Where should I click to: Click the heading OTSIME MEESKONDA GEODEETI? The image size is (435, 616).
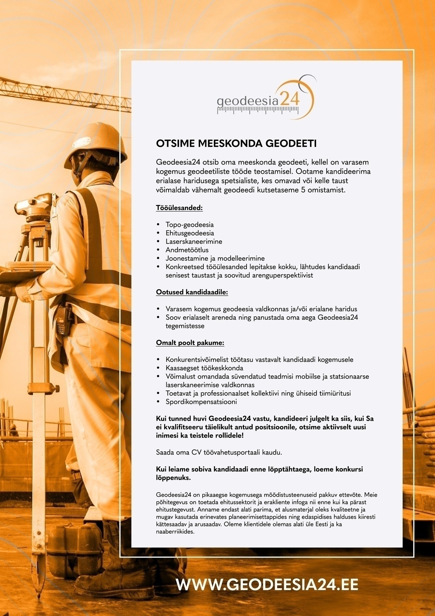point(236,144)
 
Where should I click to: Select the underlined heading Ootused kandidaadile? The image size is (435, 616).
point(192,292)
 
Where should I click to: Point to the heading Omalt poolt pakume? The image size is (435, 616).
point(190,342)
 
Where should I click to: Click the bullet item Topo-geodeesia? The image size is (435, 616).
point(190,225)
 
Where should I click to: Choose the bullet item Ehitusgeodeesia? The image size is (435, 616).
point(190,233)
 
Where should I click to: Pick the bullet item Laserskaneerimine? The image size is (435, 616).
point(194,242)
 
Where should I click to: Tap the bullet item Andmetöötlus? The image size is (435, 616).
point(187,250)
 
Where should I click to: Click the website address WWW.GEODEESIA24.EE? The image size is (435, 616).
point(267,585)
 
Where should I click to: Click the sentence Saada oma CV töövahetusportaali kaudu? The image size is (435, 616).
point(219,452)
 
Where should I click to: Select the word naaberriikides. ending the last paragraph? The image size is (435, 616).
point(175,533)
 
